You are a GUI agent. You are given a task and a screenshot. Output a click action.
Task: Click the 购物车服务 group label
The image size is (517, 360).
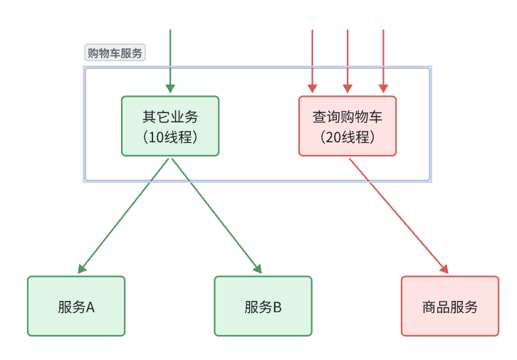pos(115,53)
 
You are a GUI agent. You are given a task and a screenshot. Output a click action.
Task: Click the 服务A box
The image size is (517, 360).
pos(76,306)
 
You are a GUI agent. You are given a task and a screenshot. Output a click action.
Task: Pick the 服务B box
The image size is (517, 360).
pos(263,306)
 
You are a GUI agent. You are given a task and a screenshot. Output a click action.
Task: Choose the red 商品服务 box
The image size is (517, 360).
pos(450,306)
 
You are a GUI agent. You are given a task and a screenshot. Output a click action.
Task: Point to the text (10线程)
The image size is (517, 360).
pos(170,137)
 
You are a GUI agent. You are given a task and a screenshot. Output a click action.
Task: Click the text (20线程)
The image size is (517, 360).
pos(347,137)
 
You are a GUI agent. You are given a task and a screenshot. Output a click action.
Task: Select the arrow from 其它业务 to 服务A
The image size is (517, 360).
pos(125,216)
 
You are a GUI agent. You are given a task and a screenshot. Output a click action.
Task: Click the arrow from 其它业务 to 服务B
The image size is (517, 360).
pos(216,216)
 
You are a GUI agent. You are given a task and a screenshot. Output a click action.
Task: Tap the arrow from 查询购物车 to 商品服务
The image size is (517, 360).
pos(398,216)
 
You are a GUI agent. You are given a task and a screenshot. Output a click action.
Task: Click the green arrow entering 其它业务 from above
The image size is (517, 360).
pos(170,57)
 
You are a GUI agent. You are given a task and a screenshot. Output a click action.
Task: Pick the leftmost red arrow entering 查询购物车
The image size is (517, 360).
pos(312,57)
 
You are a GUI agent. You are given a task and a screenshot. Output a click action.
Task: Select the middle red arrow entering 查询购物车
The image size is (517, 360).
pos(348,57)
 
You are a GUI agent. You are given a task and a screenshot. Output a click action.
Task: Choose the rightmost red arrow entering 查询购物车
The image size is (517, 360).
pos(383,57)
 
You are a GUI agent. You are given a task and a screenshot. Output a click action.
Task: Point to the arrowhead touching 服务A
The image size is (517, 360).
pos(81,269)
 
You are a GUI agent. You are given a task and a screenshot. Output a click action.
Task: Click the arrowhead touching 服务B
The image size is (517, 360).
pos(258,269)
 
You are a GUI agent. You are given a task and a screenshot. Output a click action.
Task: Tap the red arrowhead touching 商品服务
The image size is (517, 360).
pos(444,269)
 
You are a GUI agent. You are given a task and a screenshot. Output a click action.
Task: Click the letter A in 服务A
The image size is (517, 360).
pos(90,307)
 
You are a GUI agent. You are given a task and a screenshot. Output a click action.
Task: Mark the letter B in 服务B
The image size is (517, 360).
pos(277,307)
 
